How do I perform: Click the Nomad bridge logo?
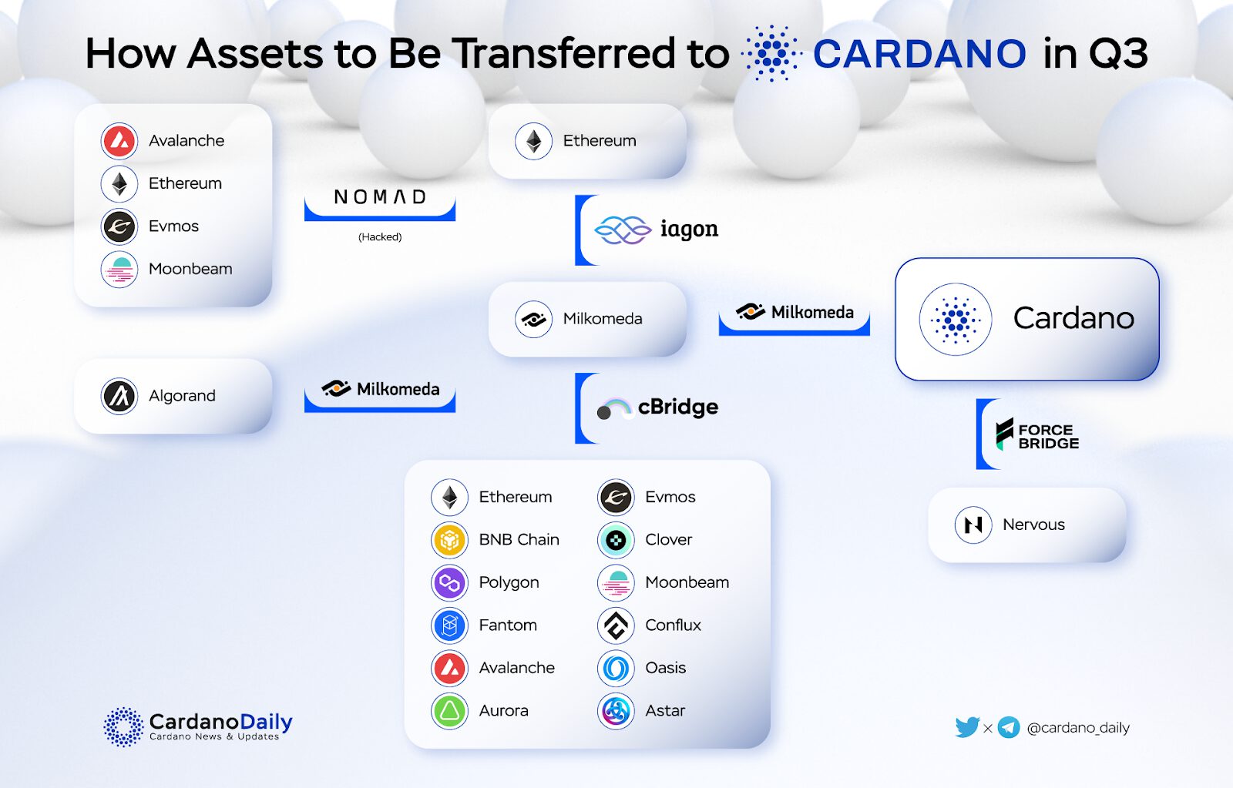click(x=380, y=196)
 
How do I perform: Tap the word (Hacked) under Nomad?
click(x=380, y=236)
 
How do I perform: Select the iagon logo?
click(x=656, y=230)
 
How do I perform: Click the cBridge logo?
click(x=658, y=407)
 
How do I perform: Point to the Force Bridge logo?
click(x=1037, y=434)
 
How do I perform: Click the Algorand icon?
click(x=119, y=396)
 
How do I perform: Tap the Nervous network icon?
click(x=973, y=525)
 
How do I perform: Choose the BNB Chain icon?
click(x=449, y=540)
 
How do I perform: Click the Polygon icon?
click(x=449, y=583)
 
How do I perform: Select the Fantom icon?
click(x=449, y=625)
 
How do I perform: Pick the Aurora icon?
click(x=449, y=711)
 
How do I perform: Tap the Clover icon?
click(x=616, y=540)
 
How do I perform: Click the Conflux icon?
click(x=616, y=625)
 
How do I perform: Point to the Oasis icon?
click(x=616, y=668)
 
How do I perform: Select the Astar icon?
click(x=616, y=711)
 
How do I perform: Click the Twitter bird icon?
click(x=967, y=727)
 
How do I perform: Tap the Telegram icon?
click(x=1009, y=727)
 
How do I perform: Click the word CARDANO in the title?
click(x=919, y=53)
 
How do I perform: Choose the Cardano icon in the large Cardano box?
click(x=955, y=319)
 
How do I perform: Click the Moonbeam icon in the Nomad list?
click(x=119, y=269)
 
